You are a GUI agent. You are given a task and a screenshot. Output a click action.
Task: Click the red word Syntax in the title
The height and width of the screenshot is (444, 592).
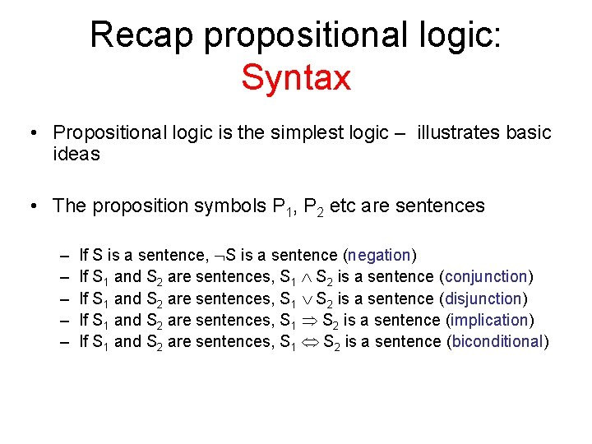296,78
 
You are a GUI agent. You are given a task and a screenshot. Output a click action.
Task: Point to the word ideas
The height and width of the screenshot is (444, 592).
76,154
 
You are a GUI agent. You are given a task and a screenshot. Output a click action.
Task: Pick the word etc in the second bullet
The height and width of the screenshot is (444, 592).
344,206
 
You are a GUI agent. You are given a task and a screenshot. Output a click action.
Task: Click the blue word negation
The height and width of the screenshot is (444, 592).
379,256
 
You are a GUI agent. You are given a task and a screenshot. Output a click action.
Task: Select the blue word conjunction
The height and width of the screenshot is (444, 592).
486,277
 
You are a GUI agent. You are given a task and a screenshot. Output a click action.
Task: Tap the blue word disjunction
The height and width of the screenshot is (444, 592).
483,298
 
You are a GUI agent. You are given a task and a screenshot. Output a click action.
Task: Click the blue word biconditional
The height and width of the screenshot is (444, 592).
497,342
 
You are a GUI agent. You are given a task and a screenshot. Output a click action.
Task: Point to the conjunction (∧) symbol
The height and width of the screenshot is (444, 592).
305,278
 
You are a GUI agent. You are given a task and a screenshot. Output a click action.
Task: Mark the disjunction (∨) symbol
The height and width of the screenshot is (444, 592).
305,299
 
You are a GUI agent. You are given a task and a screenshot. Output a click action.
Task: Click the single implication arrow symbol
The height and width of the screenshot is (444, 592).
308,321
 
